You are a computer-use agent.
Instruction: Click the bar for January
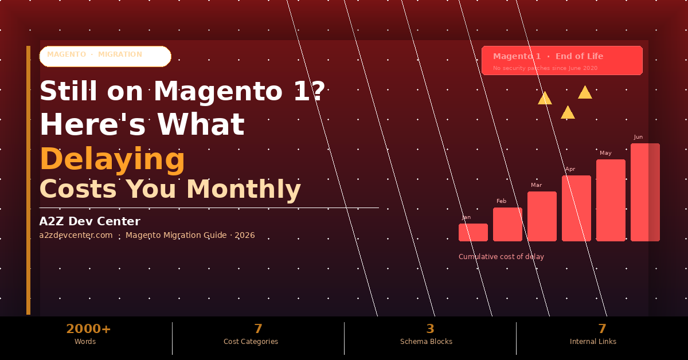point(473,232)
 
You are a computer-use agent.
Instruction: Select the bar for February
point(507,224)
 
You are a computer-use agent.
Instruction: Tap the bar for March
point(542,216)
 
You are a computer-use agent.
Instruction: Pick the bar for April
point(576,208)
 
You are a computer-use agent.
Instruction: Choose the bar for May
point(611,200)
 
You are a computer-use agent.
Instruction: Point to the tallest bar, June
point(645,192)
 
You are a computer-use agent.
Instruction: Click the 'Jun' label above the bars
point(638,137)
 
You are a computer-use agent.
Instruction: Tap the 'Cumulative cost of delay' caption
point(501,257)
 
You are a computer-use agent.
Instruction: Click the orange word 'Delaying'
point(112,159)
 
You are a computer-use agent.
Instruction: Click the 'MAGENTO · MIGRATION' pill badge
point(105,56)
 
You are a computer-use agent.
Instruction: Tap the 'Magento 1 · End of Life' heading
point(548,56)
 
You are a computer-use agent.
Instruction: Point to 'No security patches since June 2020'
point(545,68)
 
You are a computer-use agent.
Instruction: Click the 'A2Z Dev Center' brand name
point(89,221)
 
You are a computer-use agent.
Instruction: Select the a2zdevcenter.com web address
point(76,235)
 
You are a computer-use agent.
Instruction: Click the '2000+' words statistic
point(88,329)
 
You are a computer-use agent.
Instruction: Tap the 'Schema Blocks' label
point(426,342)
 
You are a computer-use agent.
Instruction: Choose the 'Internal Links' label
point(593,342)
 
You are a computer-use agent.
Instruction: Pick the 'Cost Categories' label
point(251,342)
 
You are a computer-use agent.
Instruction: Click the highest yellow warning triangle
point(585,93)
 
